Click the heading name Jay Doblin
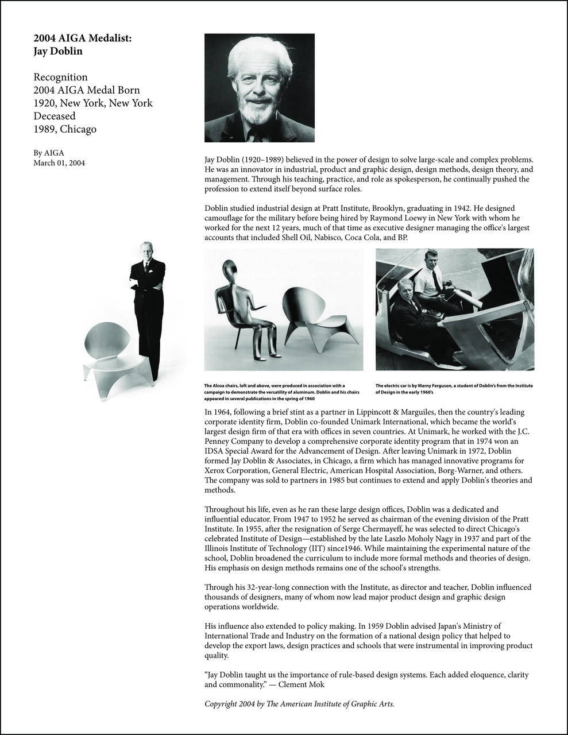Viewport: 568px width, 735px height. tap(58, 51)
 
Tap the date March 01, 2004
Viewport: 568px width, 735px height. tap(59, 163)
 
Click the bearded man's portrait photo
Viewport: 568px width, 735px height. tap(260, 87)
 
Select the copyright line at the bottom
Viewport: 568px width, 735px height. tap(299, 704)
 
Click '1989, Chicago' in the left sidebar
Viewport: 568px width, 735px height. tap(65, 129)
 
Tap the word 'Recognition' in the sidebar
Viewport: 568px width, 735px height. tap(60, 77)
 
